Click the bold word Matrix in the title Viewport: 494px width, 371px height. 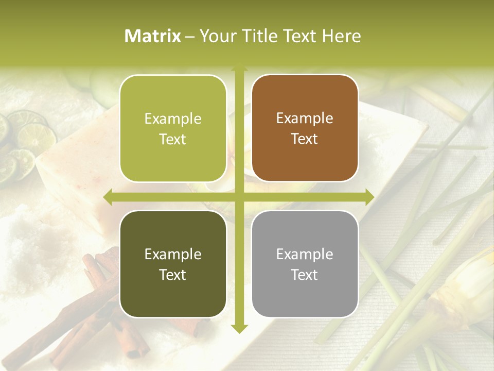point(153,36)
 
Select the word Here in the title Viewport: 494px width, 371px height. point(341,36)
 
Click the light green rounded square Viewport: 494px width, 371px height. point(173,129)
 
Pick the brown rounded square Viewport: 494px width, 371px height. point(305,129)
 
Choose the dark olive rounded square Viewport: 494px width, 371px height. point(173,264)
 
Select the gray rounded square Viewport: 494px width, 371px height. point(305,264)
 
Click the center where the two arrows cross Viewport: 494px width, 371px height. point(239,197)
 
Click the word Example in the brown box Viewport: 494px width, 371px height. point(305,119)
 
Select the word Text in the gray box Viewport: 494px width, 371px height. point(305,275)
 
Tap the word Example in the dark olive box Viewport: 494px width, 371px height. point(173,254)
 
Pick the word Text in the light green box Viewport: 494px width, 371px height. point(173,139)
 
